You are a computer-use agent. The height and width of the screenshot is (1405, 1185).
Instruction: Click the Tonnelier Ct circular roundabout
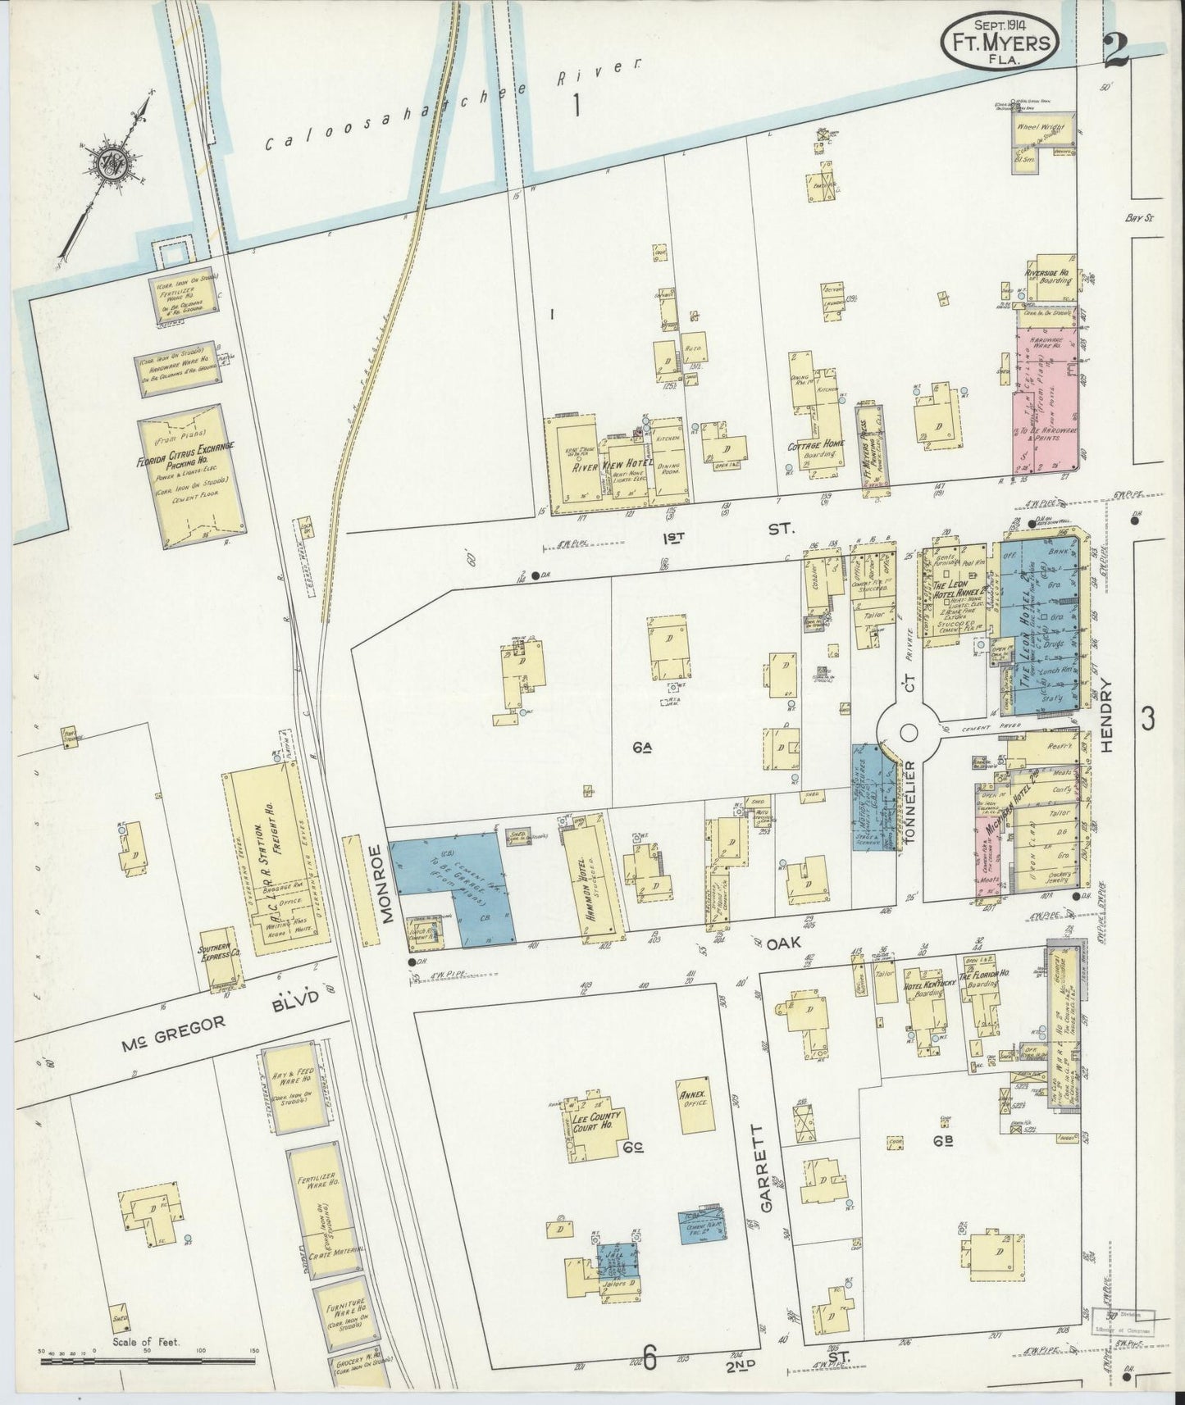(x=907, y=732)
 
